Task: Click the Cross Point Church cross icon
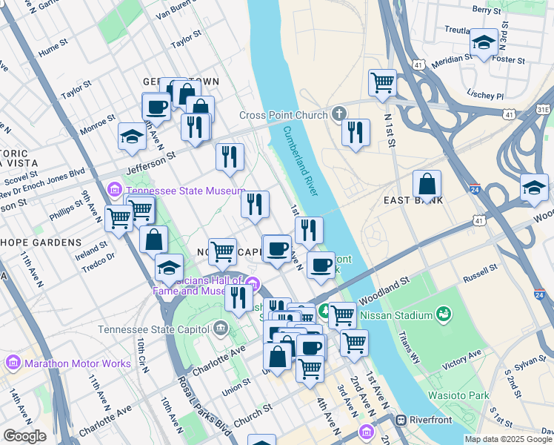tap(339, 114)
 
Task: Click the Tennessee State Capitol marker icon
tap(221, 328)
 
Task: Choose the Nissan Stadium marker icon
tap(444, 314)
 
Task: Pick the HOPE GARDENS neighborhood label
tap(41, 243)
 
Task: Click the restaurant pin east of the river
tap(356, 132)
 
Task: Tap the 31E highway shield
tap(543, 109)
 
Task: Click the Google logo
tap(25, 436)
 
